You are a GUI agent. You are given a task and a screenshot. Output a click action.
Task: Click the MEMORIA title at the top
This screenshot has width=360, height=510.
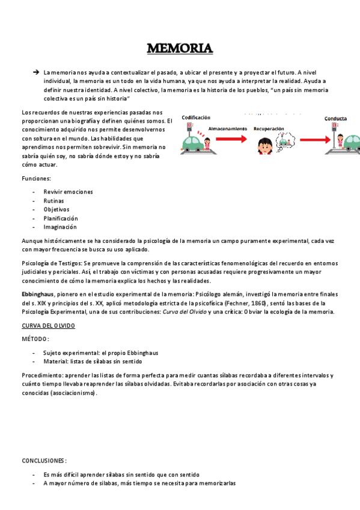(x=180, y=48)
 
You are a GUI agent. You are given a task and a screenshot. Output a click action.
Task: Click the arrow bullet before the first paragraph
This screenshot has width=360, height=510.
(x=36, y=72)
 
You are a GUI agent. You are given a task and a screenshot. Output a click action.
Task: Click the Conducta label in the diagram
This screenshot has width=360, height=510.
(x=335, y=118)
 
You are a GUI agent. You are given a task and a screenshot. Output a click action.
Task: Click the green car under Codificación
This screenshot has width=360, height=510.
(x=194, y=145)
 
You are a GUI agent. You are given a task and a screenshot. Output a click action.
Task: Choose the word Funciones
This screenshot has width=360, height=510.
(x=36, y=179)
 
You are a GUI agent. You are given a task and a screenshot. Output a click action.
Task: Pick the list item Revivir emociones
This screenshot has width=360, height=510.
(x=68, y=192)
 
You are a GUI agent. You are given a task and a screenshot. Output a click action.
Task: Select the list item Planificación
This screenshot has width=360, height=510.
(x=61, y=218)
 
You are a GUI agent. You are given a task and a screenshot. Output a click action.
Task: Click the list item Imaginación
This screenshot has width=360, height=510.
(x=60, y=227)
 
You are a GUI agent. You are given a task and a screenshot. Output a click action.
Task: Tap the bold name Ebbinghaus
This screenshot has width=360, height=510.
(x=38, y=294)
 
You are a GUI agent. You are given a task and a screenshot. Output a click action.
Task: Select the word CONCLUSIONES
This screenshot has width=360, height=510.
(x=44, y=460)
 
